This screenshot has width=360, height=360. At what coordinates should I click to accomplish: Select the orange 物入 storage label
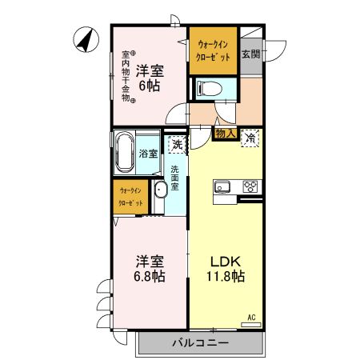pos(225,134)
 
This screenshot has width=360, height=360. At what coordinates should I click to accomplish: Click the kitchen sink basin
pos(222,188)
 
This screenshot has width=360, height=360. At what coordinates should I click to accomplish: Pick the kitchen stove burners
pos(250,188)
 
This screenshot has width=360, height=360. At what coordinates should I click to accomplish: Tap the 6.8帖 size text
pos(149,277)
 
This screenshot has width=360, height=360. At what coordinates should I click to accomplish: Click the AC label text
pos(251,317)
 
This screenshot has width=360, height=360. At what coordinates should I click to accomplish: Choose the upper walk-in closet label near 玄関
pos(214,51)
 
